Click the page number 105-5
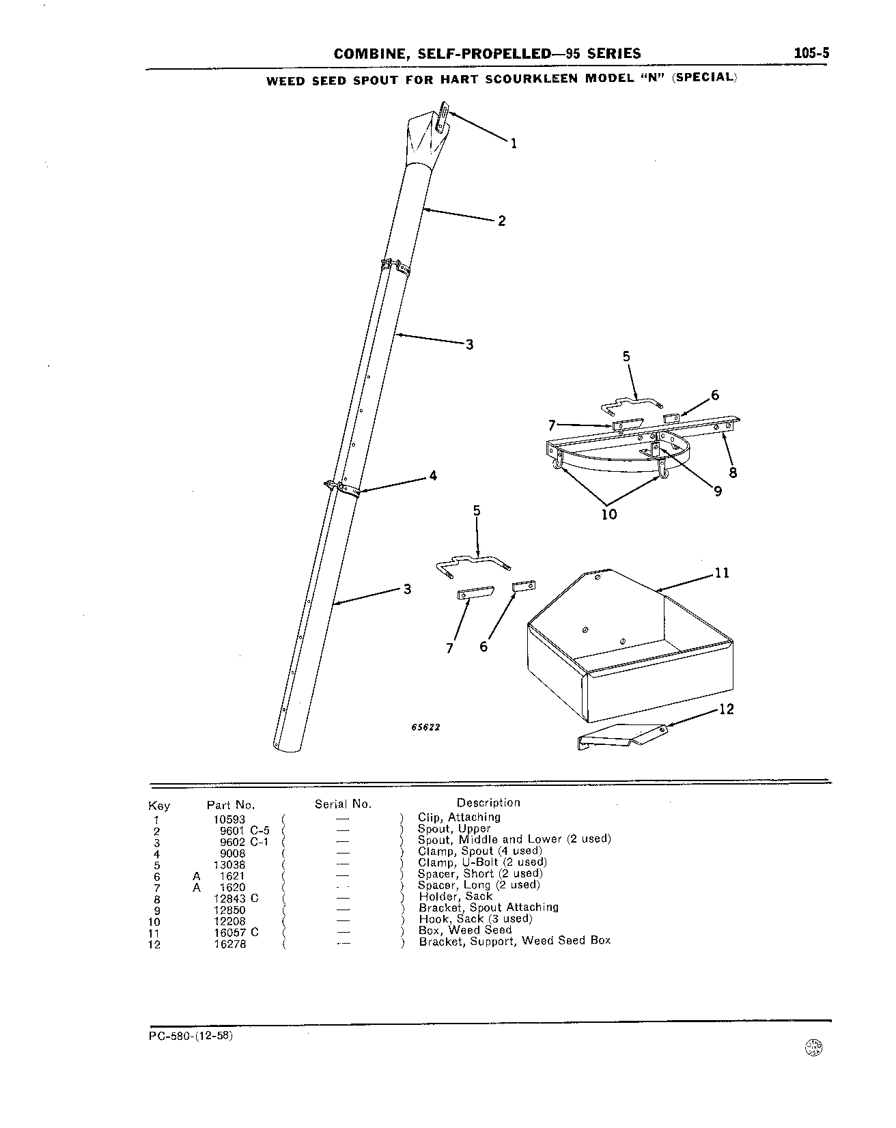click(811, 53)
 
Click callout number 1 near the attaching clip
click(514, 143)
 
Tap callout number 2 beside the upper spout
click(502, 221)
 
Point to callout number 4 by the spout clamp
click(432, 476)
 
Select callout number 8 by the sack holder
click(733, 472)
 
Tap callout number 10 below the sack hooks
click(608, 514)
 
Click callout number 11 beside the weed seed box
click(722, 573)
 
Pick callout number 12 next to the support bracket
click(727, 709)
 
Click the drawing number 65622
click(425, 727)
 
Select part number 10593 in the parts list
click(229, 819)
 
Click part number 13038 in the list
click(229, 864)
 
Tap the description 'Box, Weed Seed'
click(465, 930)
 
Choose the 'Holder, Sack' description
click(456, 896)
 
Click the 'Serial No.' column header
click(343, 804)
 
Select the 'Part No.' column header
click(231, 805)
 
